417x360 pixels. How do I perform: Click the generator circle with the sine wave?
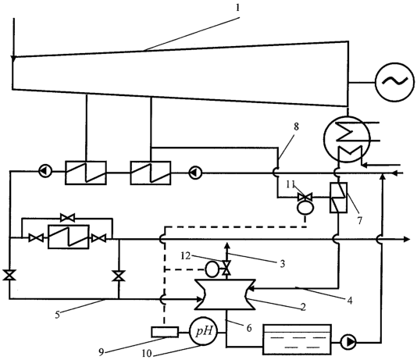(x=394, y=82)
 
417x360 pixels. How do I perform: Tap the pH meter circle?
(x=204, y=331)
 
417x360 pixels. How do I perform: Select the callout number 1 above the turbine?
(x=237, y=8)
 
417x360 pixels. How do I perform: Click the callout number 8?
(x=296, y=127)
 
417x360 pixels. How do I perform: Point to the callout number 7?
(x=359, y=220)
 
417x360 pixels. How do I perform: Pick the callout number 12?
(x=186, y=256)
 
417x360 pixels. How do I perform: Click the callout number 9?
(x=101, y=352)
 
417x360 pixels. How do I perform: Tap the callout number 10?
(x=147, y=353)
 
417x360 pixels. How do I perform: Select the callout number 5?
(x=58, y=315)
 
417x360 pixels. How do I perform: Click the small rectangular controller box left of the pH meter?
(x=165, y=332)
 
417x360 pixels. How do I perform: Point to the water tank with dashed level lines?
(x=297, y=340)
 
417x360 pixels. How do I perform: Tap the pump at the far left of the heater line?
(x=45, y=172)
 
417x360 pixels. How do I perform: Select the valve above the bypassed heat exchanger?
(x=68, y=218)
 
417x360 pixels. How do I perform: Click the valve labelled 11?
(x=305, y=198)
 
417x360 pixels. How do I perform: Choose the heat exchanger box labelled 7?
(x=338, y=198)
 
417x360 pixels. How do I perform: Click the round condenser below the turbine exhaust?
(x=347, y=138)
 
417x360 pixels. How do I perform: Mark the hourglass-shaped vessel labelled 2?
(x=226, y=294)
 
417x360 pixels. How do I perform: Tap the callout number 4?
(x=350, y=301)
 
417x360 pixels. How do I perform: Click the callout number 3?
(x=283, y=263)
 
